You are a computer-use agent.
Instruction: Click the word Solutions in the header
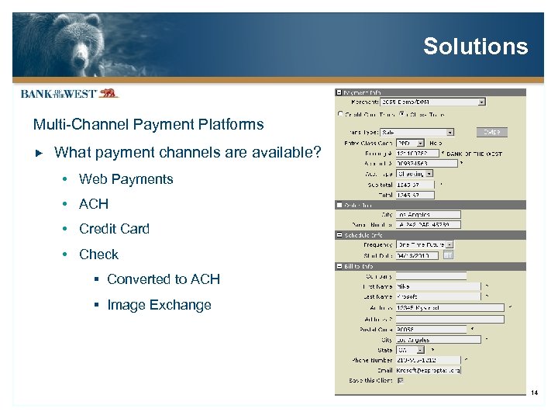475,47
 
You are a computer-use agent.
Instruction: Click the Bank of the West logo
69,93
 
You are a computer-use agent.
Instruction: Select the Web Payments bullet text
126,179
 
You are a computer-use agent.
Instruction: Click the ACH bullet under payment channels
94,204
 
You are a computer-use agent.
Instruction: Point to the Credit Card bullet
114,229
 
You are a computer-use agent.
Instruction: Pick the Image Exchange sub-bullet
159,305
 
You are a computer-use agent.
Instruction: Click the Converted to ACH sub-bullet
163,279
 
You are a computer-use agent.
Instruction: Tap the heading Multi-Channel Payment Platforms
148,124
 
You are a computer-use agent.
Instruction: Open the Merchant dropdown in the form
481,101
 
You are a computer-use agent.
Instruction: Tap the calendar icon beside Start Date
448,255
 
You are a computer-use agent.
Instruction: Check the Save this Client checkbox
400,380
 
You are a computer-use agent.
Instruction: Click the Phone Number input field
427,360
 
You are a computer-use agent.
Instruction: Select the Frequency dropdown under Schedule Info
425,244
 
